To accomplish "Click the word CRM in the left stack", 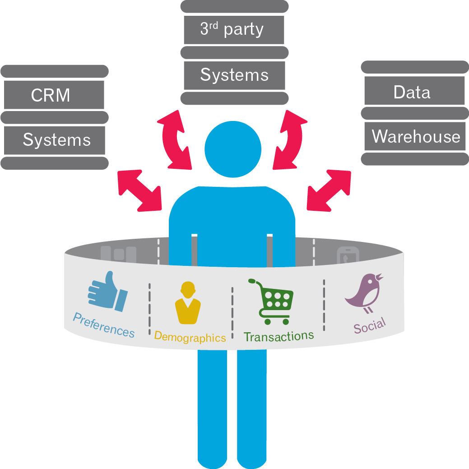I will (x=51, y=96).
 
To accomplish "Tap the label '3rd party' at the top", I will (x=232, y=29).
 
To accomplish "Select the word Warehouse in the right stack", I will (x=416, y=136).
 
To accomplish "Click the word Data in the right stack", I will (x=412, y=92).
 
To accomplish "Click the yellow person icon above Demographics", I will (x=187, y=303).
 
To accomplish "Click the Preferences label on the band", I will (x=104, y=325).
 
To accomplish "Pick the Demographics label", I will (x=190, y=337).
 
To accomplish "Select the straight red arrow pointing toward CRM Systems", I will (x=139, y=190).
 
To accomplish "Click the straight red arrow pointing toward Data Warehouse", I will (x=329, y=190).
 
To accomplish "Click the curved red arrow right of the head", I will (x=290, y=139).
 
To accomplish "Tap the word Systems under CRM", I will (x=56, y=140).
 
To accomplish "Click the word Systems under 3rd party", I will (x=234, y=74).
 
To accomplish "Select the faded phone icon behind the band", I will (x=347, y=256).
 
